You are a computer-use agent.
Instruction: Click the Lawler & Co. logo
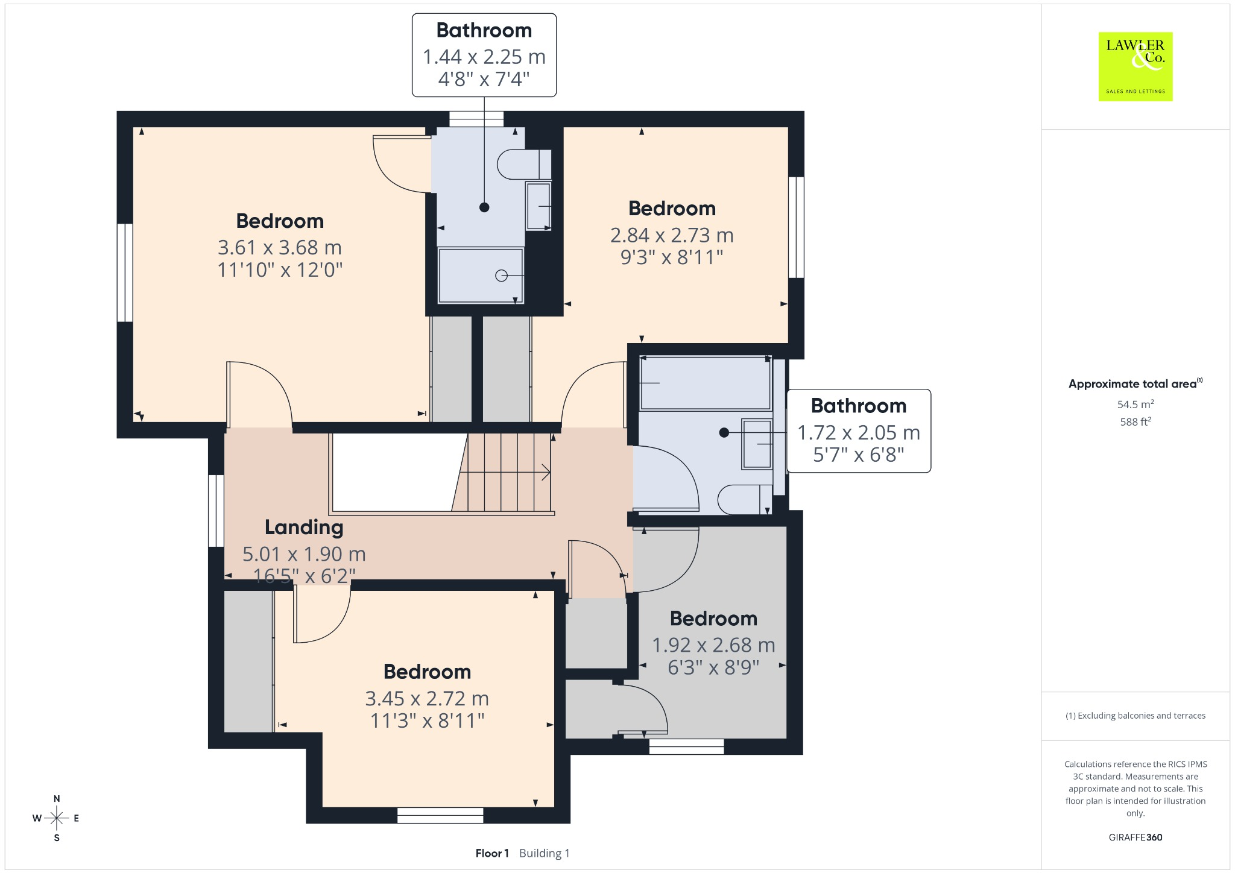1136,66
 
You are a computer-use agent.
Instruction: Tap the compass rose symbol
57,818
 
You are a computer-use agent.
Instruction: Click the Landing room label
304,527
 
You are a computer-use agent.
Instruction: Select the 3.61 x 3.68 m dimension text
280,247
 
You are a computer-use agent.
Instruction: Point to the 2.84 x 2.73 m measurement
672,235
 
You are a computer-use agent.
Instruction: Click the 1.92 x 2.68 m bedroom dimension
713,645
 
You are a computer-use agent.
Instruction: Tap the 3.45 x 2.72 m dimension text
427,698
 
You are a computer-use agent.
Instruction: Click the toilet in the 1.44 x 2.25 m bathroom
524,164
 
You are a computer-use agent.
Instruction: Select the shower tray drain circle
501,276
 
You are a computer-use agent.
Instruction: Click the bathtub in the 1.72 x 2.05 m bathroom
705,383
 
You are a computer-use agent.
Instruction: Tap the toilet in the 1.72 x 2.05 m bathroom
745,499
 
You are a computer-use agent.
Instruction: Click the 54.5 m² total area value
1136,404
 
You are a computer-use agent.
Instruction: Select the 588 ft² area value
1136,421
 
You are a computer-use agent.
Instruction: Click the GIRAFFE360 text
1136,837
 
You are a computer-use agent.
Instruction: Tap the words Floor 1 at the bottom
492,853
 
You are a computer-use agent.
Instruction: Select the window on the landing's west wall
216,511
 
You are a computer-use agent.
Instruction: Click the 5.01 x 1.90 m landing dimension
304,553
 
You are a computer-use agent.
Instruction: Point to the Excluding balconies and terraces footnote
1136,716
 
